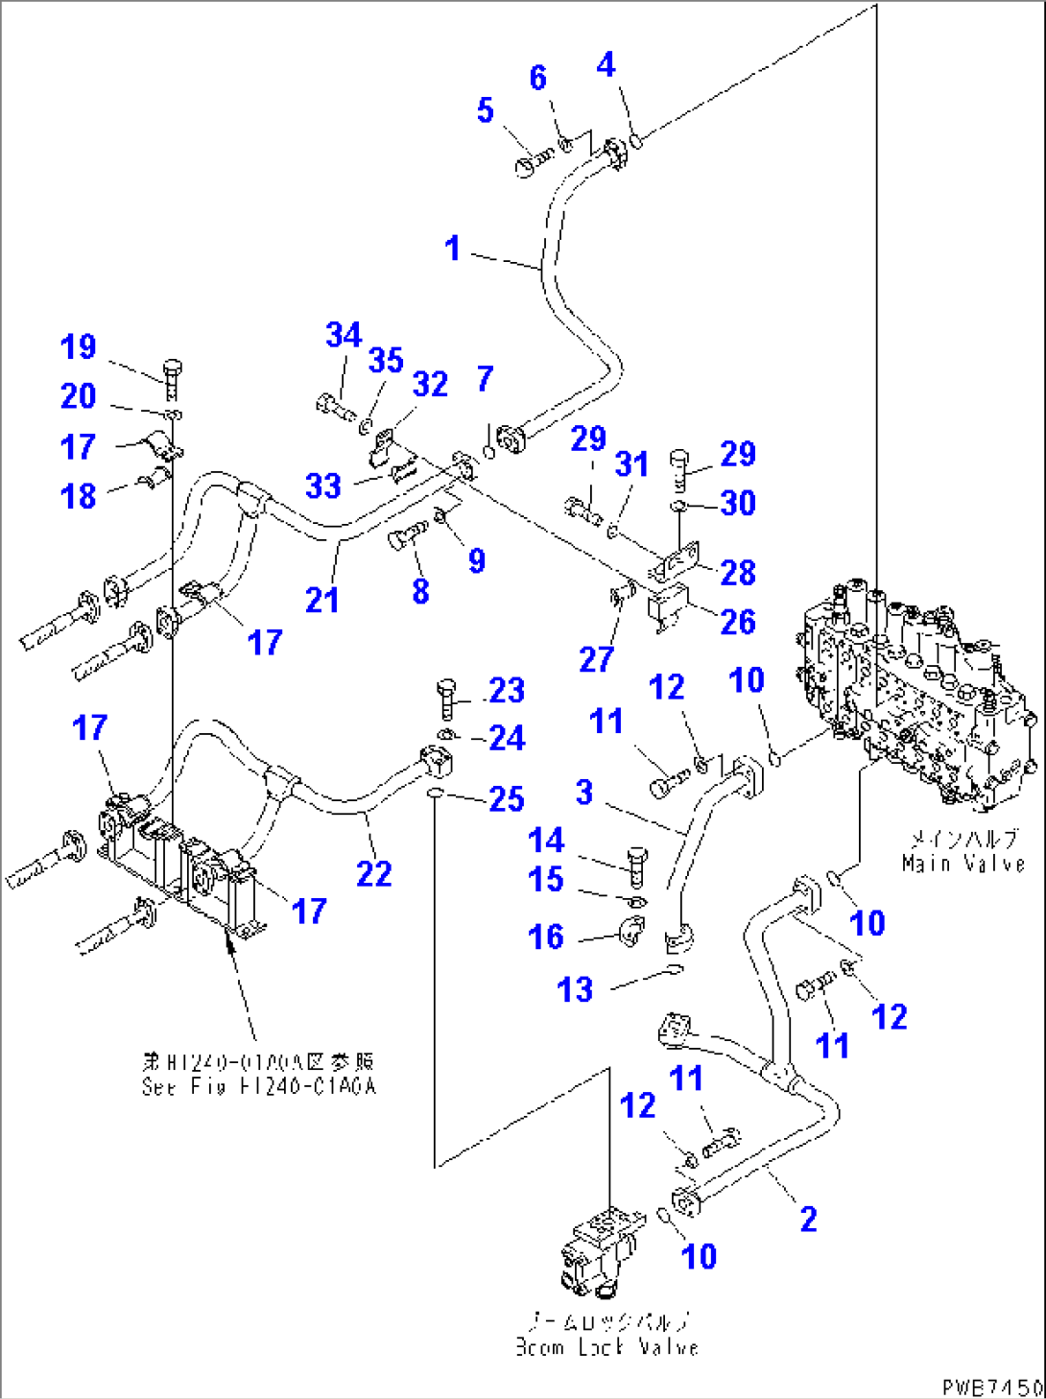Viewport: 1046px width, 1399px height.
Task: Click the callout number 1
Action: tap(452, 249)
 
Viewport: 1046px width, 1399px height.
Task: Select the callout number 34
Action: tap(343, 335)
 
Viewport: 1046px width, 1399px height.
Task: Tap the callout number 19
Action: tap(78, 346)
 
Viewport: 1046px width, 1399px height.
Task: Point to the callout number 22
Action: tap(373, 873)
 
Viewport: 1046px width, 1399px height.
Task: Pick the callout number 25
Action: tap(507, 798)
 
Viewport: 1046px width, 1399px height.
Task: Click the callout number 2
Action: tap(808, 1219)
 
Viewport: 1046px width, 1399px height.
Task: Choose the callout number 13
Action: tap(575, 989)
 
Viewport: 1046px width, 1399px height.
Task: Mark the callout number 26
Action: tap(737, 622)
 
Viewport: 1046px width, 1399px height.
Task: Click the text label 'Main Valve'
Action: tap(963, 863)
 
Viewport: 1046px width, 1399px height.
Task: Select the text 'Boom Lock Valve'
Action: tap(606, 1346)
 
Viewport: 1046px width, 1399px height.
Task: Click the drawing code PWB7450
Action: tap(991, 1387)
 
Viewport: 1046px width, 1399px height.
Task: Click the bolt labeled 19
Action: tap(173, 381)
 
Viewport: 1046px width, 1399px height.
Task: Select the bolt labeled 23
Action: tap(446, 698)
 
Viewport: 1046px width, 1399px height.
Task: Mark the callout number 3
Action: tap(583, 792)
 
